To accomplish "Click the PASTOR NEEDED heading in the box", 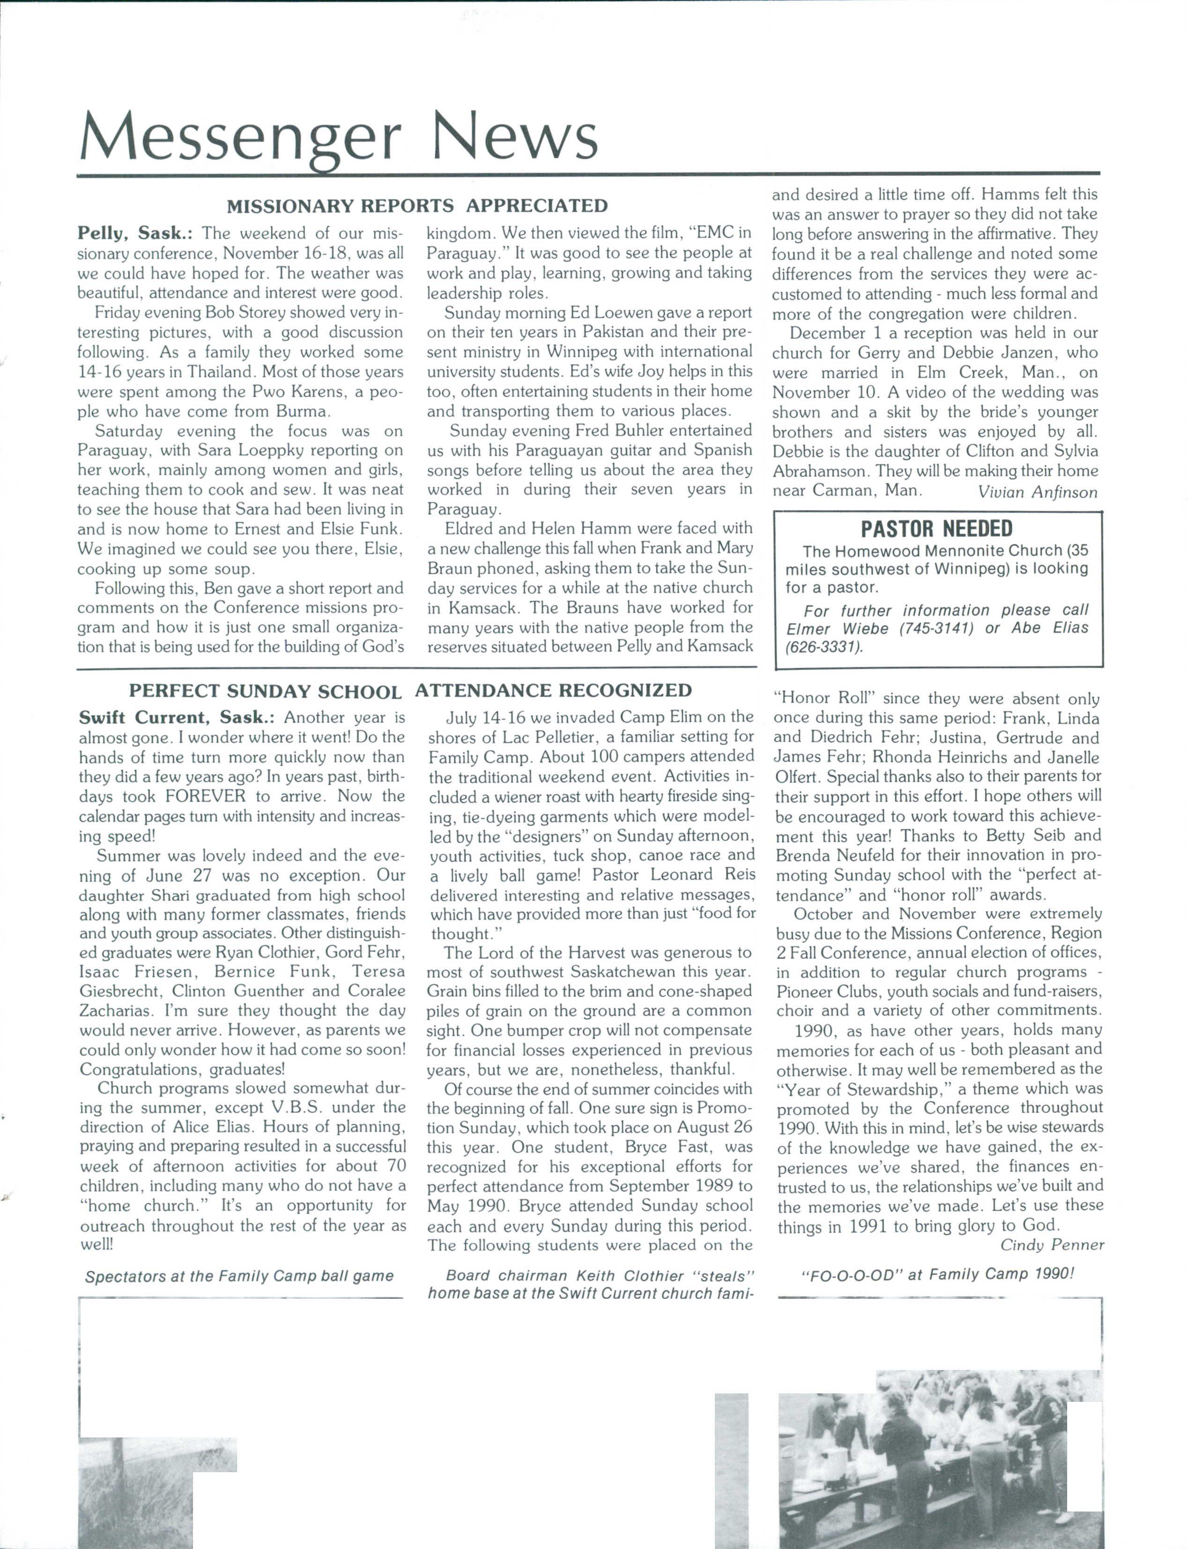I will (936, 529).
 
